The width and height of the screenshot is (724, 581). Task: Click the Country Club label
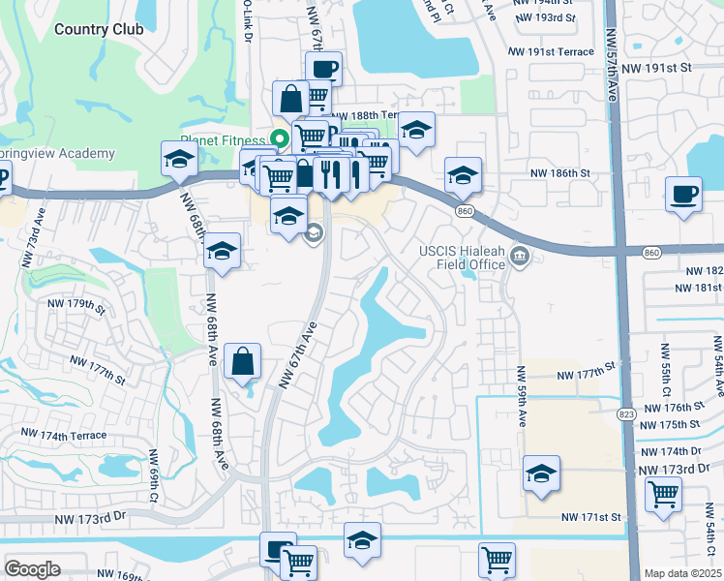(99, 29)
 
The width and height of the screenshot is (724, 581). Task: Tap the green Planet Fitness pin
(281, 138)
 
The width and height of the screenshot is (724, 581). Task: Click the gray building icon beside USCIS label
(520, 256)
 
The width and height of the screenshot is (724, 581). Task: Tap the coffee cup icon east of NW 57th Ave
(683, 194)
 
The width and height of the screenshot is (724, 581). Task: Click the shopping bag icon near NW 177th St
(242, 362)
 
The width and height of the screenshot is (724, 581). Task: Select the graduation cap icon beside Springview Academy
(179, 160)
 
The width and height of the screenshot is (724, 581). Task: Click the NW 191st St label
(658, 68)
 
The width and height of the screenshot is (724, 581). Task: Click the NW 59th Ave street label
(521, 398)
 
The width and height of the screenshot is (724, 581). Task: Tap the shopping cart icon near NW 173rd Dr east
(664, 493)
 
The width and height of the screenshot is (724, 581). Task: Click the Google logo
(33, 568)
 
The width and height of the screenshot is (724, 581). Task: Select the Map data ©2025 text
(682, 573)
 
